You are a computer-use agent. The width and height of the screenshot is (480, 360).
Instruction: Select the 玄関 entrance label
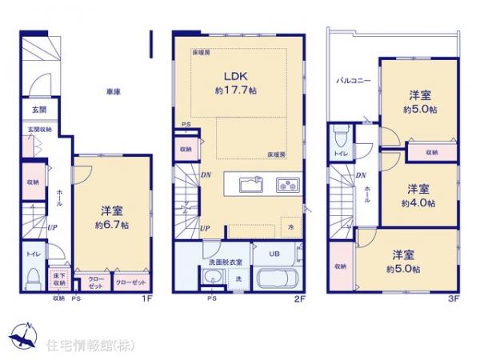click(x=38, y=110)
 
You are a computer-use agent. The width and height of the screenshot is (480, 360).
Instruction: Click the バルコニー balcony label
click(x=353, y=82)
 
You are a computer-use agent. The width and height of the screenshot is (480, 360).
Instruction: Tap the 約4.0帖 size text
click(x=418, y=203)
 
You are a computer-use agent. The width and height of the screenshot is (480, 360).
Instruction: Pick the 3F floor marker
click(x=454, y=300)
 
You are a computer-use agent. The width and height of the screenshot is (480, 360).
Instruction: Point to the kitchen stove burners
click(x=286, y=186)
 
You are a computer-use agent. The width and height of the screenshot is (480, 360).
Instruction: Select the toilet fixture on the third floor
click(x=339, y=136)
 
